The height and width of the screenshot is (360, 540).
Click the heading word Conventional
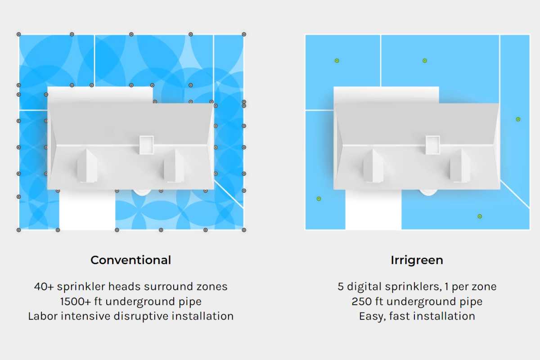(x=130, y=260)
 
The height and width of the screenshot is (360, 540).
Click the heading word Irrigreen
(x=417, y=260)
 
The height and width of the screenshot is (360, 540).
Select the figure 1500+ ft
(x=83, y=301)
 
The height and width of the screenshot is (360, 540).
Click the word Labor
(x=43, y=316)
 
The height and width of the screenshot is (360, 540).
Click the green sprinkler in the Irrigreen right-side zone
(x=518, y=119)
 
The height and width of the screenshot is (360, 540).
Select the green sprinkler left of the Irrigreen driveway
(x=319, y=198)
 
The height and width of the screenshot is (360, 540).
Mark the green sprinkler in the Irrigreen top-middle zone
(x=424, y=60)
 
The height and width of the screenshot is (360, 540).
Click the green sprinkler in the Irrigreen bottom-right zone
(x=480, y=216)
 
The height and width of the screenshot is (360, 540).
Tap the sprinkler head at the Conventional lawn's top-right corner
(x=244, y=34)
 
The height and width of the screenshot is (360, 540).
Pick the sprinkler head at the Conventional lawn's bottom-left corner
(x=18, y=230)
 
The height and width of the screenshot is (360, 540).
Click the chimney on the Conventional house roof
(x=146, y=145)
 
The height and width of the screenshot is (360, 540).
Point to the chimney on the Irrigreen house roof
(x=432, y=145)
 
